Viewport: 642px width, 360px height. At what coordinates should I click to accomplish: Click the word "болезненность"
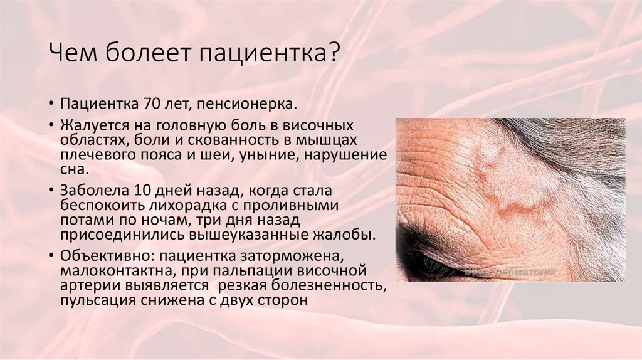pos(330,286)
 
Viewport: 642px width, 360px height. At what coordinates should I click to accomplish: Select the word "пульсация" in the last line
pos(94,300)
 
